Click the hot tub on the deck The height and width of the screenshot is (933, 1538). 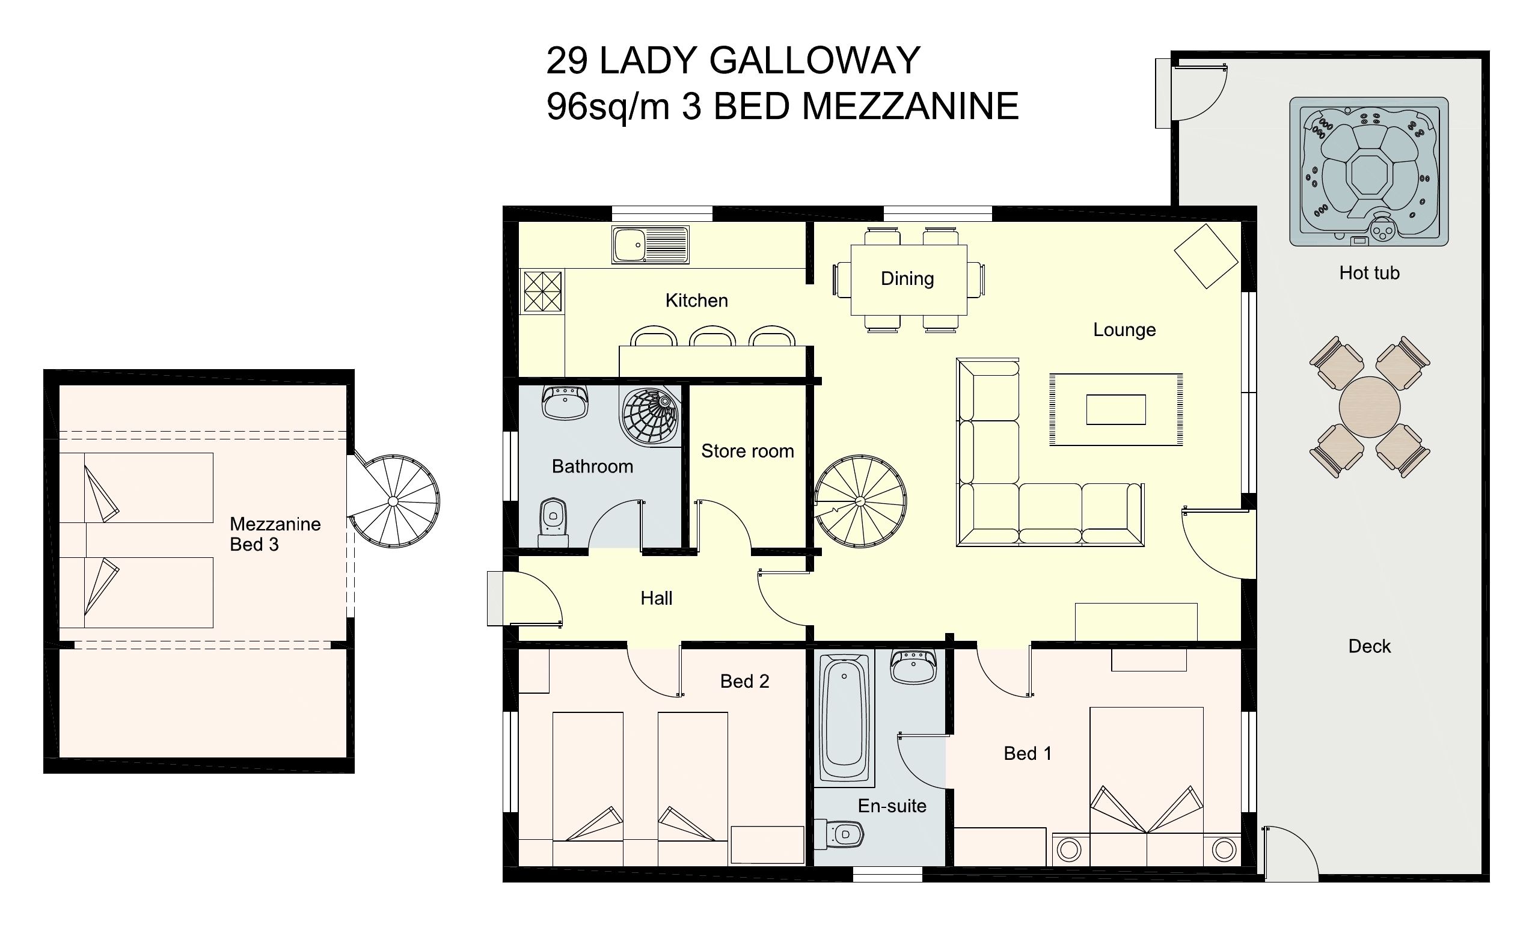click(1368, 171)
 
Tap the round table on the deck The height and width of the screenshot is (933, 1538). click(1370, 407)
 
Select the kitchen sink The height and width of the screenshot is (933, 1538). click(650, 245)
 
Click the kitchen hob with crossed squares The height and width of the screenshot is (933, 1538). click(542, 291)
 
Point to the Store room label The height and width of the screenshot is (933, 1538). click(747, 451)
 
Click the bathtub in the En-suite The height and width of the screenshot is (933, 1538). click(844, 718)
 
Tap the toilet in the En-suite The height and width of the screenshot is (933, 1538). click(840, 834)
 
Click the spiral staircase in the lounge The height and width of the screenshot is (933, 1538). click(860, 501)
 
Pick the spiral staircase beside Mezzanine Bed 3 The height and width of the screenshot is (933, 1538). click(393, 501)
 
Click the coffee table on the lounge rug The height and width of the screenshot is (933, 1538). click(1115, 409)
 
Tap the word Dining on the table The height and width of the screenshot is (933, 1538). click(907, 278)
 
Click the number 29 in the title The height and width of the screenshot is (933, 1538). click(567, 61)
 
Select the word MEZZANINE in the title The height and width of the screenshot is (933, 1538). click(910, 106)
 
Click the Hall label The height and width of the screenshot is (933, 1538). click(656, 598)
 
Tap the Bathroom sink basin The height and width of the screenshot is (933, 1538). click(565, 403)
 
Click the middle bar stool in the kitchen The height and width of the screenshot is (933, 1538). click(712, 337)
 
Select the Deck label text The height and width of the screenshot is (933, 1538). click(1369, 646)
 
